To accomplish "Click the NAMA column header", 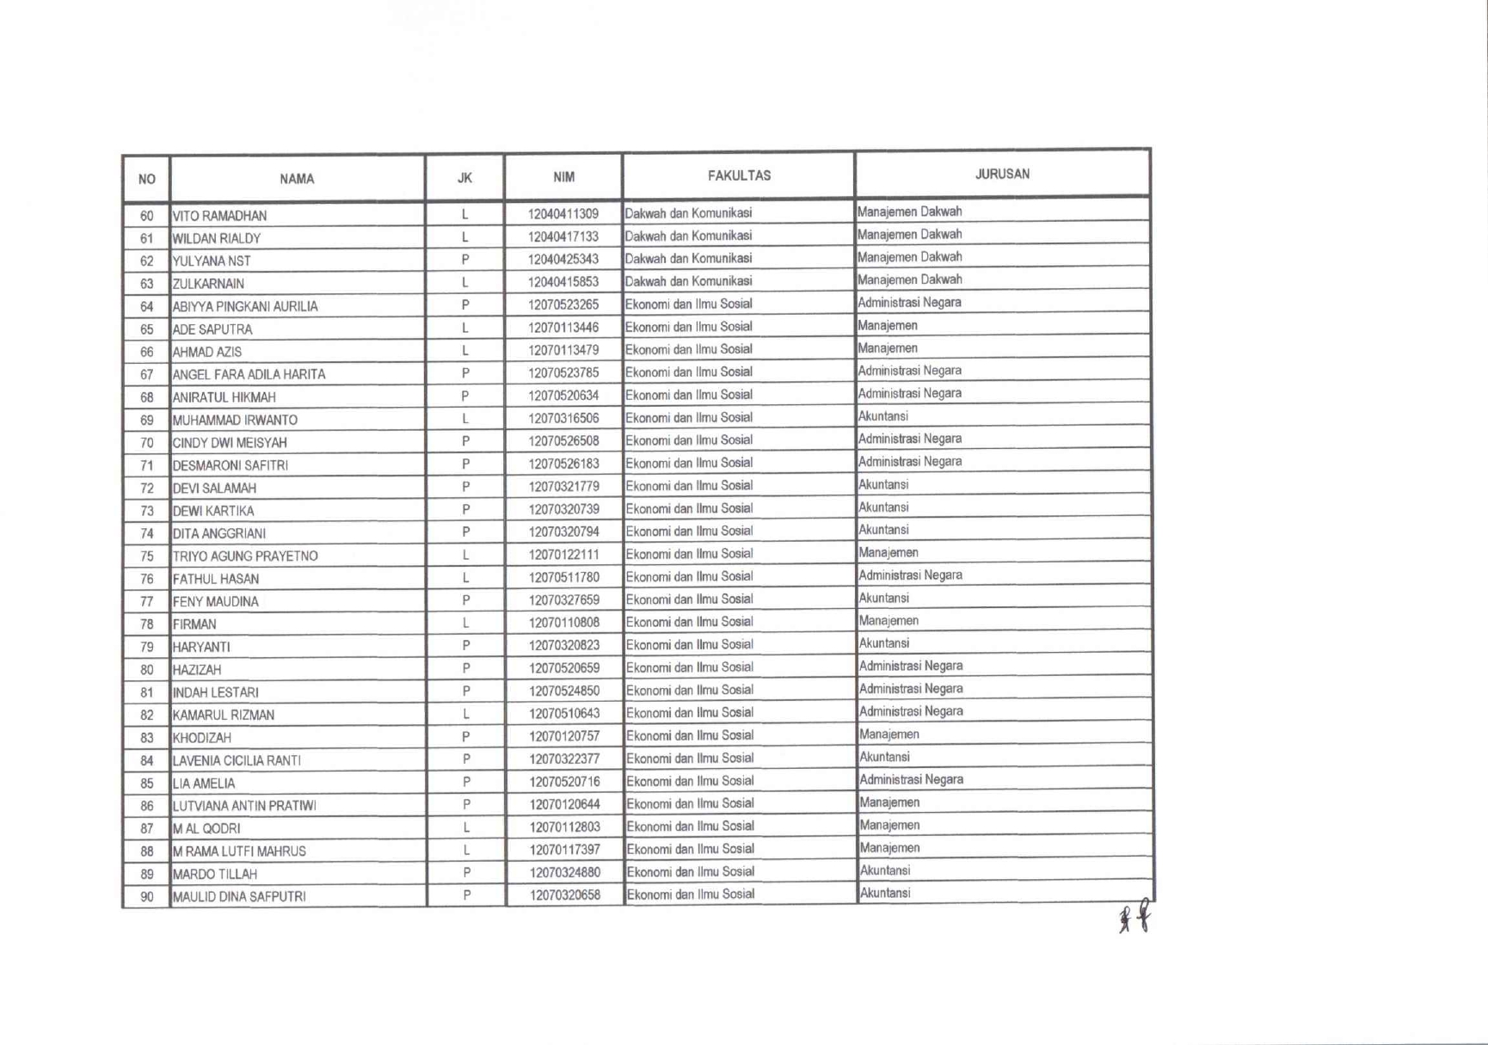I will pos(297,179).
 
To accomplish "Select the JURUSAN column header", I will pos(1002,174).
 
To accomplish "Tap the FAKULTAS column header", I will pos(739,175).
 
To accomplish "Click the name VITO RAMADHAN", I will pos(220,216).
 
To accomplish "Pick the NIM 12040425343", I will pos(563,259).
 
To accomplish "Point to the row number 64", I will pos(147,307).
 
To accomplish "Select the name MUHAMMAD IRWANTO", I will pos(235,421).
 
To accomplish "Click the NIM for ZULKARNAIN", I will pos(563,282).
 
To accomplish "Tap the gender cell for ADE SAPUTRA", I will pos(465,328).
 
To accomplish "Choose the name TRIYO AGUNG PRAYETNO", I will pos(245,556).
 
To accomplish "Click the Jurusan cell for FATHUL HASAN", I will pos(911,575).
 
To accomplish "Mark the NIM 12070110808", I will pos(564,623).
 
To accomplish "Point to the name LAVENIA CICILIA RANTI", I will pos(237,761).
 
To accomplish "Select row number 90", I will pos(147,897).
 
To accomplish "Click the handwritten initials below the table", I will pos(1134,917).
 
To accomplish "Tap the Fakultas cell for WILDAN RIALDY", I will pos(688,236).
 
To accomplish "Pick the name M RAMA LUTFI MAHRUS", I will pos(239,851).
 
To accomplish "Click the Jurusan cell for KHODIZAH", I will pos(889,735).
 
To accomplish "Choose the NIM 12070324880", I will pos(564,872).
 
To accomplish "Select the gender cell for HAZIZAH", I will pos(466,668).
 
